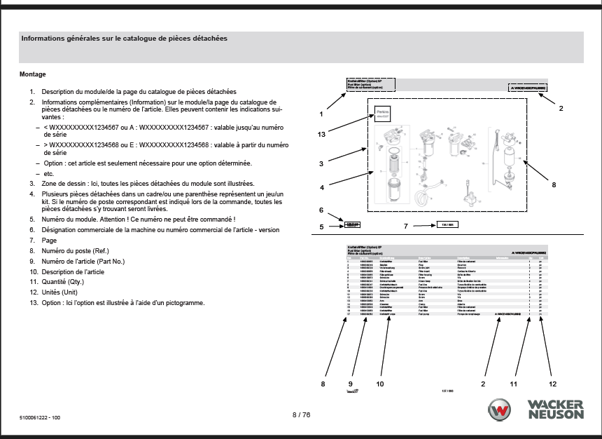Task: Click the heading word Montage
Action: click(x=33, y=74)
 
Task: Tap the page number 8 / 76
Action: click(x=301, y=415)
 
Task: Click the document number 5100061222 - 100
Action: click(x=40, y=418)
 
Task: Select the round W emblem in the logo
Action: click(x=500, y=410)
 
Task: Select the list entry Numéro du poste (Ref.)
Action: click(x=75, y=250)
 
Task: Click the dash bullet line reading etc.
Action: click(x=48, y=173)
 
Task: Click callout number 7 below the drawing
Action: click(x=406, y=226)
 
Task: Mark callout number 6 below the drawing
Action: click(x=321, y=210)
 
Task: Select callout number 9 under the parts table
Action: click(x=350, y=384)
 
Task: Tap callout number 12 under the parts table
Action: click(x=552, y=384)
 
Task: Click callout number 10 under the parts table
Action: click(x=380, y=384)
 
